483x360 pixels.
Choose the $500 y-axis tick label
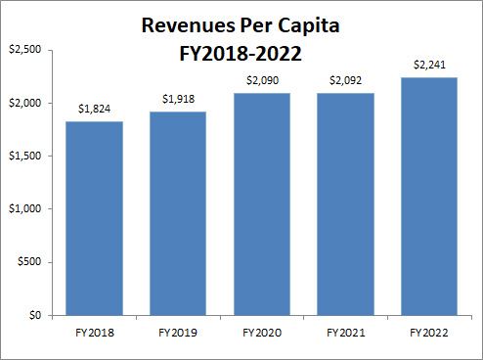click(x=27, y=263)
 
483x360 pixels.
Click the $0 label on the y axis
click(x=32, y=316)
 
